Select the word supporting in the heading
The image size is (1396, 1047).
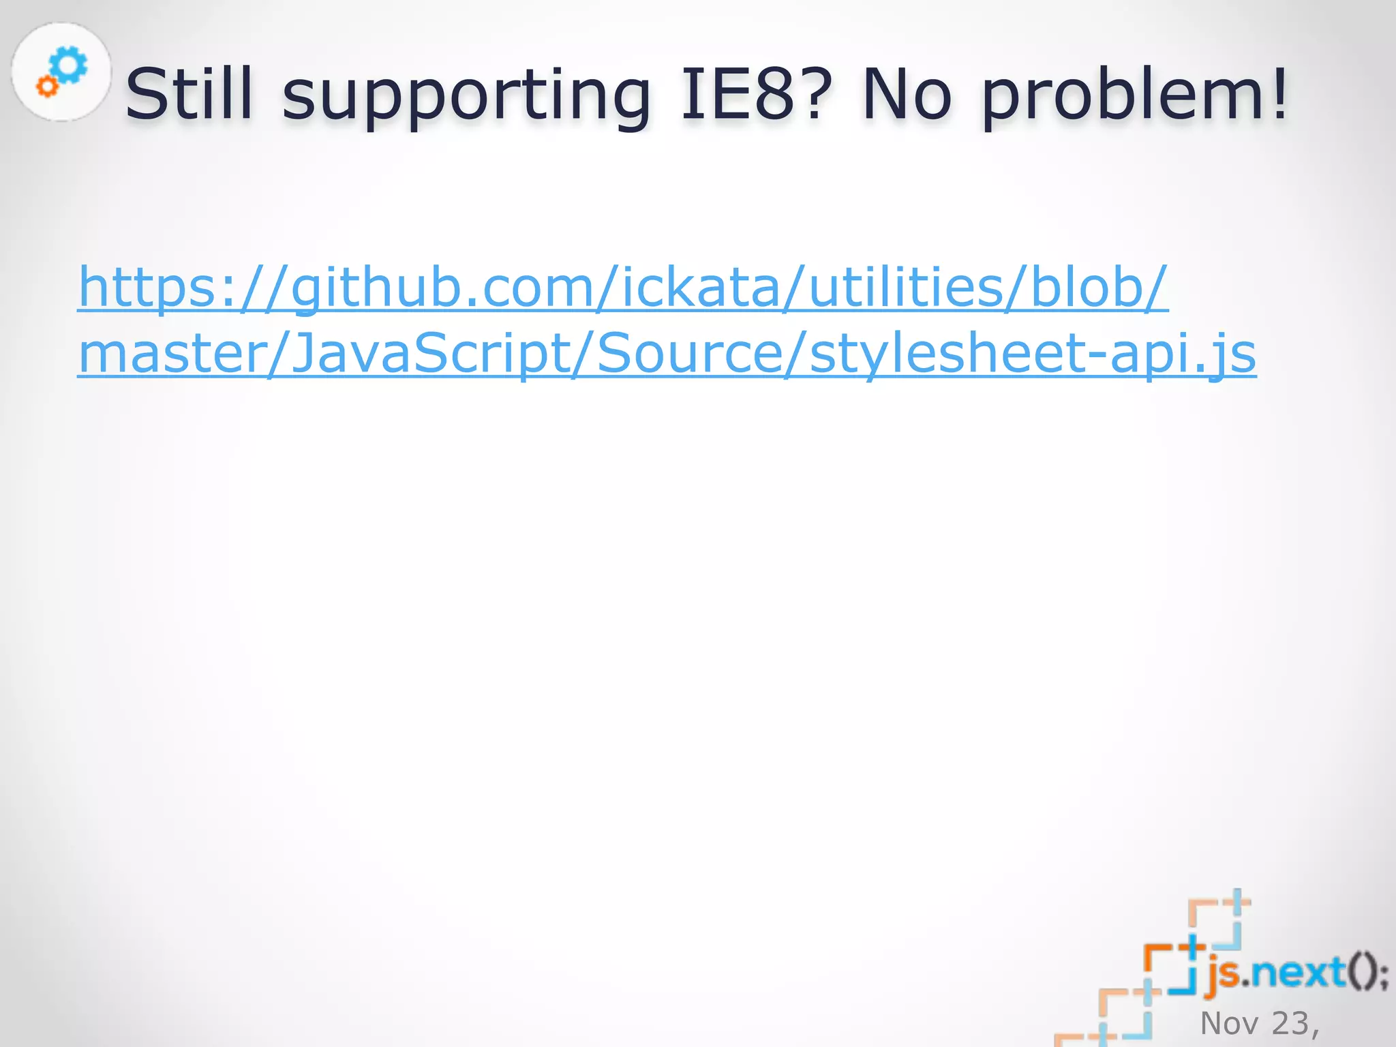click(x=467, y=95)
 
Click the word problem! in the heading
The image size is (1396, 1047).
click(x=1135, y=95)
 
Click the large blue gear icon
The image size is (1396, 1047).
click(x=69, y=65)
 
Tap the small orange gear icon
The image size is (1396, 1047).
click(x=47, y=86)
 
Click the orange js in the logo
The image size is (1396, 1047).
click(x=1224, y=973)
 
